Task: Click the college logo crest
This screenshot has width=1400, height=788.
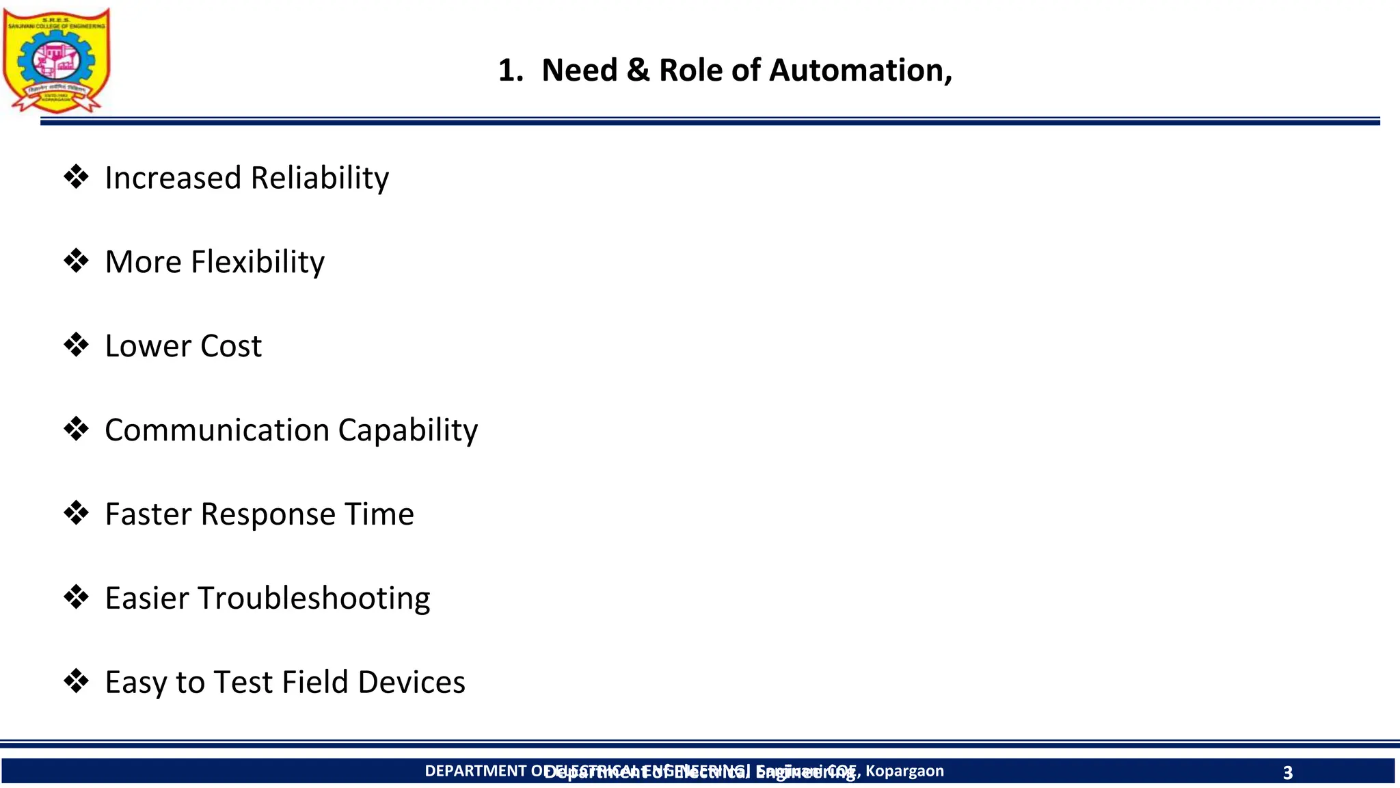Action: tap(56, 60)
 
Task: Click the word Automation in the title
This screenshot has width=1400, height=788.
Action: tap(860, 70)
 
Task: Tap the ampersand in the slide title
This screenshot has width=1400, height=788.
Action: tap(637, 70)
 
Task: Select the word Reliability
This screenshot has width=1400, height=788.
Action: tap(319, 179)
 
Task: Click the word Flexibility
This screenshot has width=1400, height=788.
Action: tap(258, 263)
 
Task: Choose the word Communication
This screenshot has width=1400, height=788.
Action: tap(217, 430)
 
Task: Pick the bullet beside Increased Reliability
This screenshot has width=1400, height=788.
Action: tap(76, 177)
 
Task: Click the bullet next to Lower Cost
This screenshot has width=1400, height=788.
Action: tap(76, 345)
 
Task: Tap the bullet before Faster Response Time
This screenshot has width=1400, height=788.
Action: tap(76, 514)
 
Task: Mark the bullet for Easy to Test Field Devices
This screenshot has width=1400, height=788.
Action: tap(76, 682)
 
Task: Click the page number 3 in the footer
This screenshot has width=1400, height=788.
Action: tap(1287, 773)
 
